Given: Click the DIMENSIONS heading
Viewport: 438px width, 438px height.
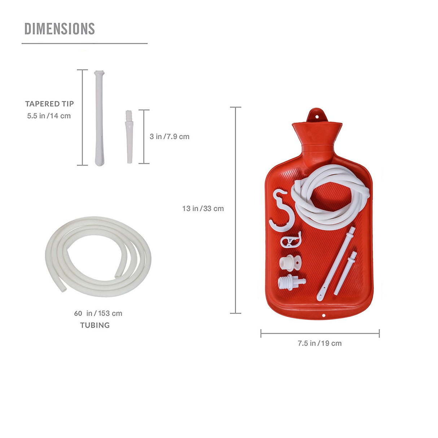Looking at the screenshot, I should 60,29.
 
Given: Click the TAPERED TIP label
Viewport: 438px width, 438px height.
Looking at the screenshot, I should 49,104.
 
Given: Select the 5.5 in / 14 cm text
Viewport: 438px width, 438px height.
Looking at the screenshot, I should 49,116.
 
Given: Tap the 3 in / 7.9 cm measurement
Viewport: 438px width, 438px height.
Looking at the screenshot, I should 170,137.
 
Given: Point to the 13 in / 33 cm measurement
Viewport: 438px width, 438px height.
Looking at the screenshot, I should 203,209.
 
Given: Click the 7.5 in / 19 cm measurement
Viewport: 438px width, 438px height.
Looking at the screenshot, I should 320,343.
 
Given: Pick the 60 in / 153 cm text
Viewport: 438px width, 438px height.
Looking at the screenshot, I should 98,314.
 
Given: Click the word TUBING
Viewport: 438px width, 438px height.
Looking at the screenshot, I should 95,325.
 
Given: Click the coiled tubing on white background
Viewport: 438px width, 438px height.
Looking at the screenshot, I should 98,257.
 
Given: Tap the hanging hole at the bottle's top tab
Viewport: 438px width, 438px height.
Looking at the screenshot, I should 317,116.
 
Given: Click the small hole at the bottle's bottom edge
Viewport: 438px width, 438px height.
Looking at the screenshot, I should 323,315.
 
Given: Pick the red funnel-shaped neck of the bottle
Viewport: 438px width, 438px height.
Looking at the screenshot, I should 317,135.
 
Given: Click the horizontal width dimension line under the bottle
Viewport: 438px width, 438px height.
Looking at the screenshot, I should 320,333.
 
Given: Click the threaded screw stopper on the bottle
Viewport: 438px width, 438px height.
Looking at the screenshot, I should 291,281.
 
